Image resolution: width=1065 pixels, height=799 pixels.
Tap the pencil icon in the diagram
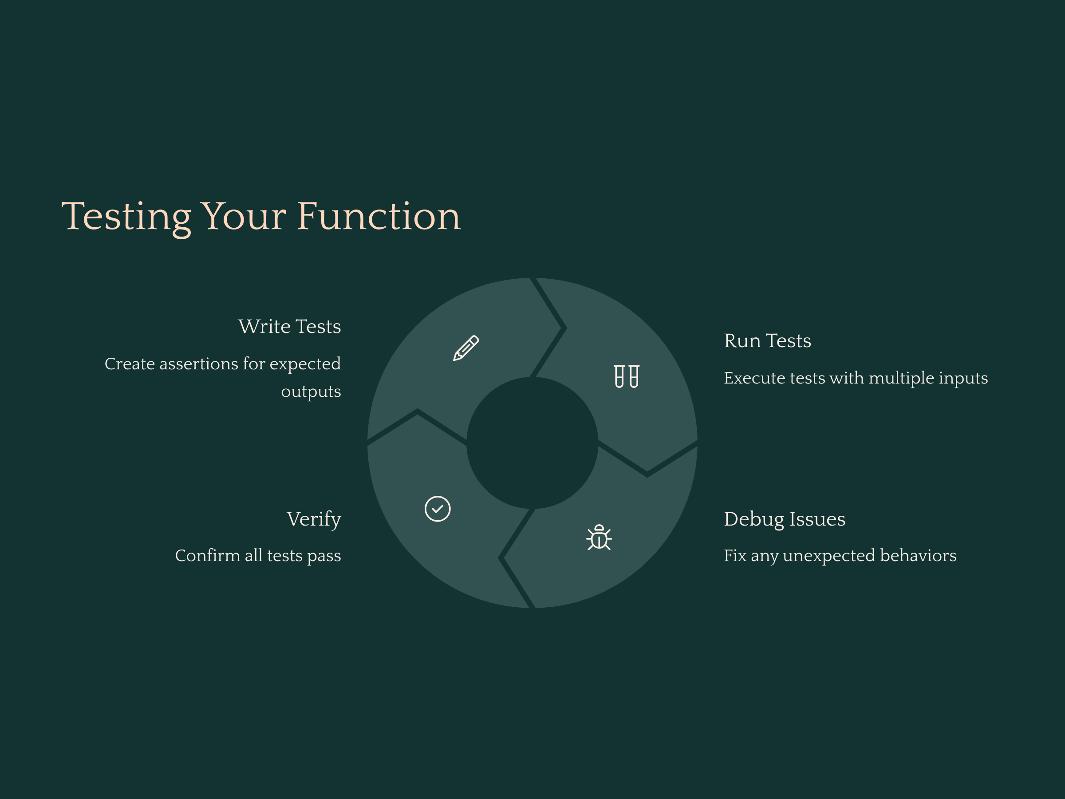(x=465, y=348)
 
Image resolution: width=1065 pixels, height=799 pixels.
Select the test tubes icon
(x=627, y=376)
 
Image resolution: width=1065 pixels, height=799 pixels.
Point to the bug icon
(x=599, y=538)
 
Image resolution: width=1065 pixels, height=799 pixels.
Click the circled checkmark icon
(x=438, y=509)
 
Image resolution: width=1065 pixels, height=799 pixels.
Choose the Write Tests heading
(x=289, y=327)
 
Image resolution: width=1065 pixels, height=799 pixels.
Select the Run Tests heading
(x=767, y=341)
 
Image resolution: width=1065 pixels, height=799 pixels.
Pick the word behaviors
(x=918, y=556)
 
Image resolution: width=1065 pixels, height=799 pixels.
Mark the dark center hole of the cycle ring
(x=532, y=443)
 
